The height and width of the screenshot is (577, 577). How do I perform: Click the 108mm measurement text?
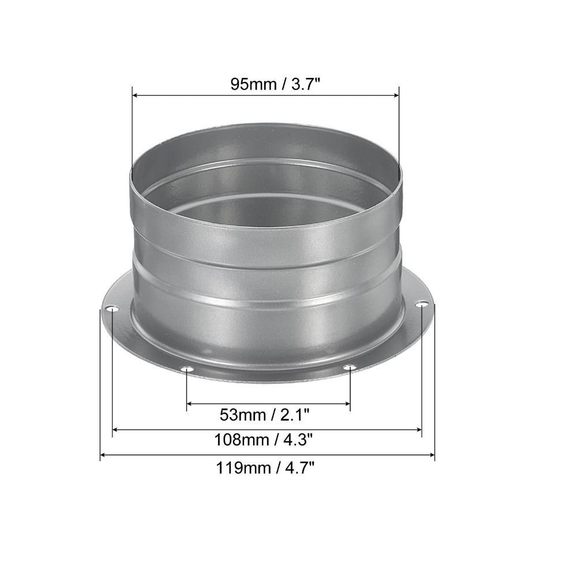241,440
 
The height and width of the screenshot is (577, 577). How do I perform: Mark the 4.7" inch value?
298,467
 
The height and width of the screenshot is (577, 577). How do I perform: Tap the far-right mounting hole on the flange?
423,304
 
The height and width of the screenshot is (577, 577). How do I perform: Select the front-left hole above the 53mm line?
186,369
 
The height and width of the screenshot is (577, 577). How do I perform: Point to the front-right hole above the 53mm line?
349,368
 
